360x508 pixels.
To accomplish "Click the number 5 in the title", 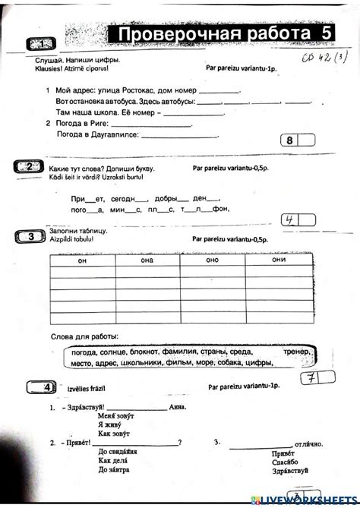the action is tap(326, 34).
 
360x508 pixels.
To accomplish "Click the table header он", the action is tap(82, 260).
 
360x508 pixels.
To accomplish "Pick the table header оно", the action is tap(212, 260).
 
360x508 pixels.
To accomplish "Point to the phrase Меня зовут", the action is tap(115, 417).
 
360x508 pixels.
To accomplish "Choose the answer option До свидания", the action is tap(118, 452).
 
